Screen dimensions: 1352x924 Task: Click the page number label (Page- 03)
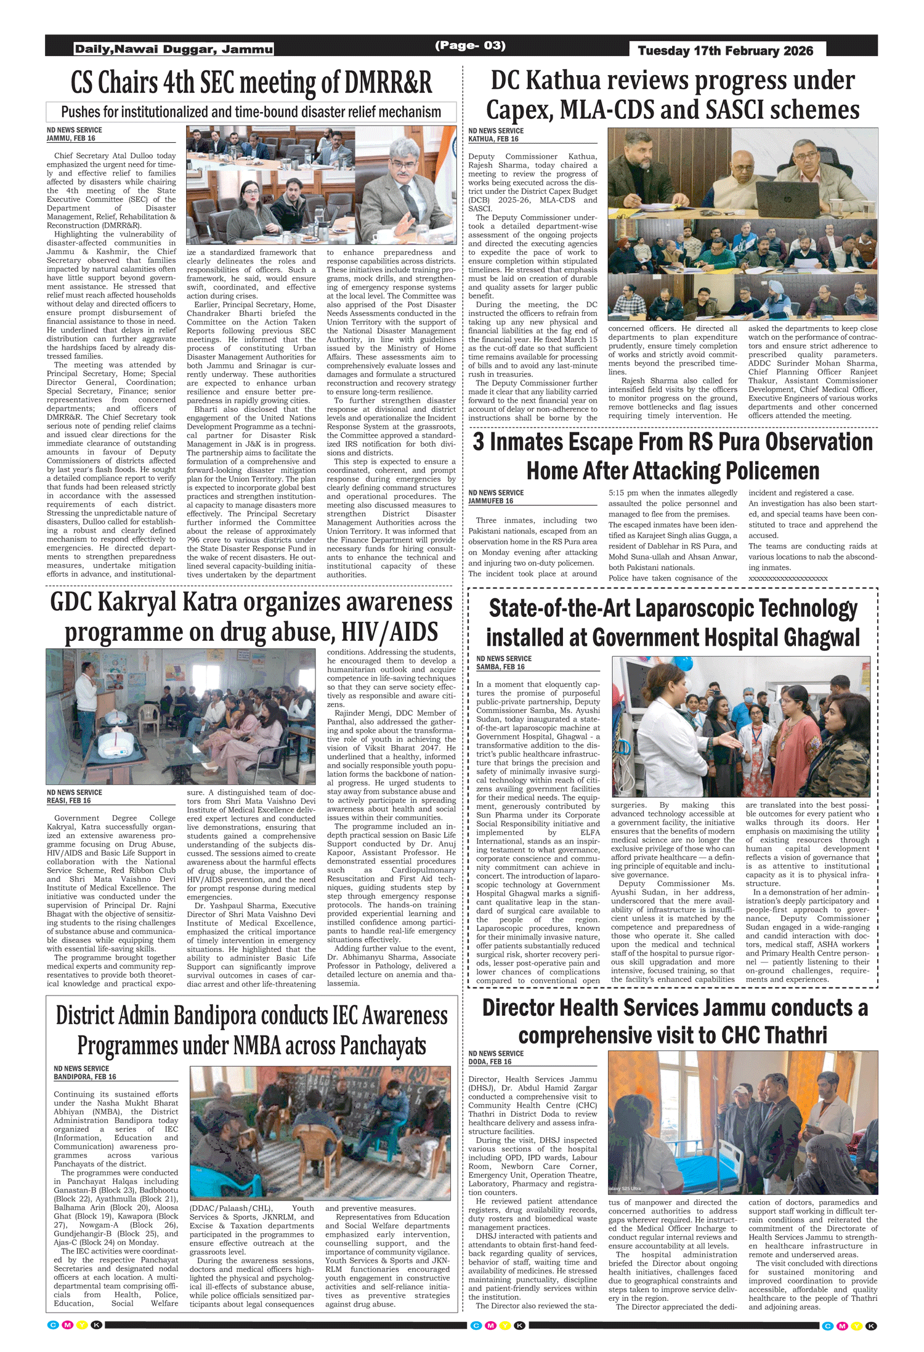tap(470, 46)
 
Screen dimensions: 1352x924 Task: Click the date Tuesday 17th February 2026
tap(725, 50)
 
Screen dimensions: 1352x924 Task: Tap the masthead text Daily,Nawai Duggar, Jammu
tap(173, 49)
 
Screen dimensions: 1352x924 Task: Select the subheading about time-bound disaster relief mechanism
tap(251, 112)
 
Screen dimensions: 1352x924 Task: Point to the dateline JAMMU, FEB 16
tap(71, 139)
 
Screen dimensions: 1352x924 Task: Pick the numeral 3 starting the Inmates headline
tap(479, 443)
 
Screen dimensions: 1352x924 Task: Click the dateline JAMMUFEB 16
tap(491, 501)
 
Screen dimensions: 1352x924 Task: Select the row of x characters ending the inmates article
tap(788, 578)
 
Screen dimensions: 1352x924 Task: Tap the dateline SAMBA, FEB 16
tap(500, 667)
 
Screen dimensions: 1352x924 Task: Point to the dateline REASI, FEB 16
tap(69, 800)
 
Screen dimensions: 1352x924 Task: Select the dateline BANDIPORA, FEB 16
tap(84, 1077)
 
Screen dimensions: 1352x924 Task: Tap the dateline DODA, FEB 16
tap(490, 1061)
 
